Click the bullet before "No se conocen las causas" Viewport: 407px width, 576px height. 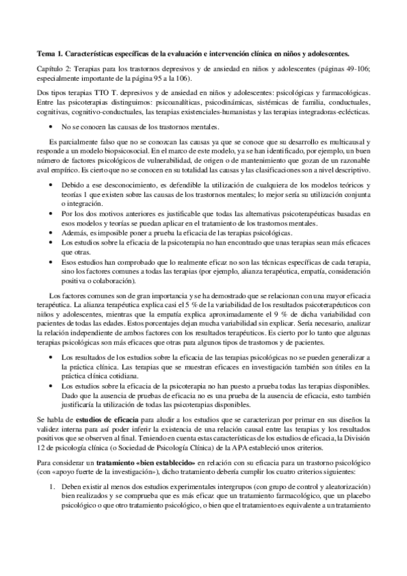[x=53, y=126]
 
